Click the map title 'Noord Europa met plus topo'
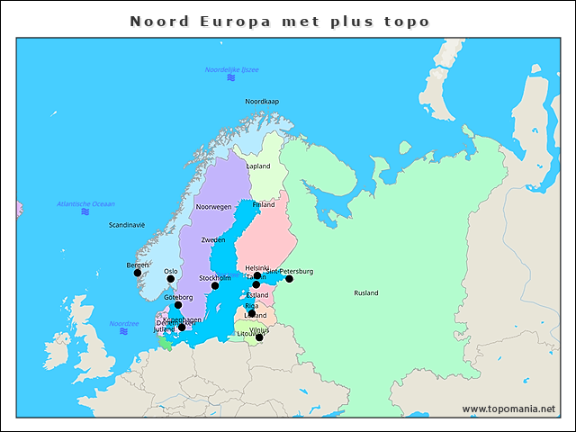279,21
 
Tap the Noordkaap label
262,102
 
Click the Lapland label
258,166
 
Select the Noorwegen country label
214,207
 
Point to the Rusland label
366,293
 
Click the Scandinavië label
126,225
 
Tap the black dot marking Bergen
138,273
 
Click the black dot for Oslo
171,279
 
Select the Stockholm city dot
215,286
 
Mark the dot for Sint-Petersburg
289,279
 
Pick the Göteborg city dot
178,305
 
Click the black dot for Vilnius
259,337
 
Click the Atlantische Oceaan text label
85,204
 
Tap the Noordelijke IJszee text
231,69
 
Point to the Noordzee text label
124,323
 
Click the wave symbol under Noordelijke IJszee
231,78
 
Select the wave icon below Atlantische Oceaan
85,212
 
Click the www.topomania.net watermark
508,409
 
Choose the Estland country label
257,295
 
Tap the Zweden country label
213,240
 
